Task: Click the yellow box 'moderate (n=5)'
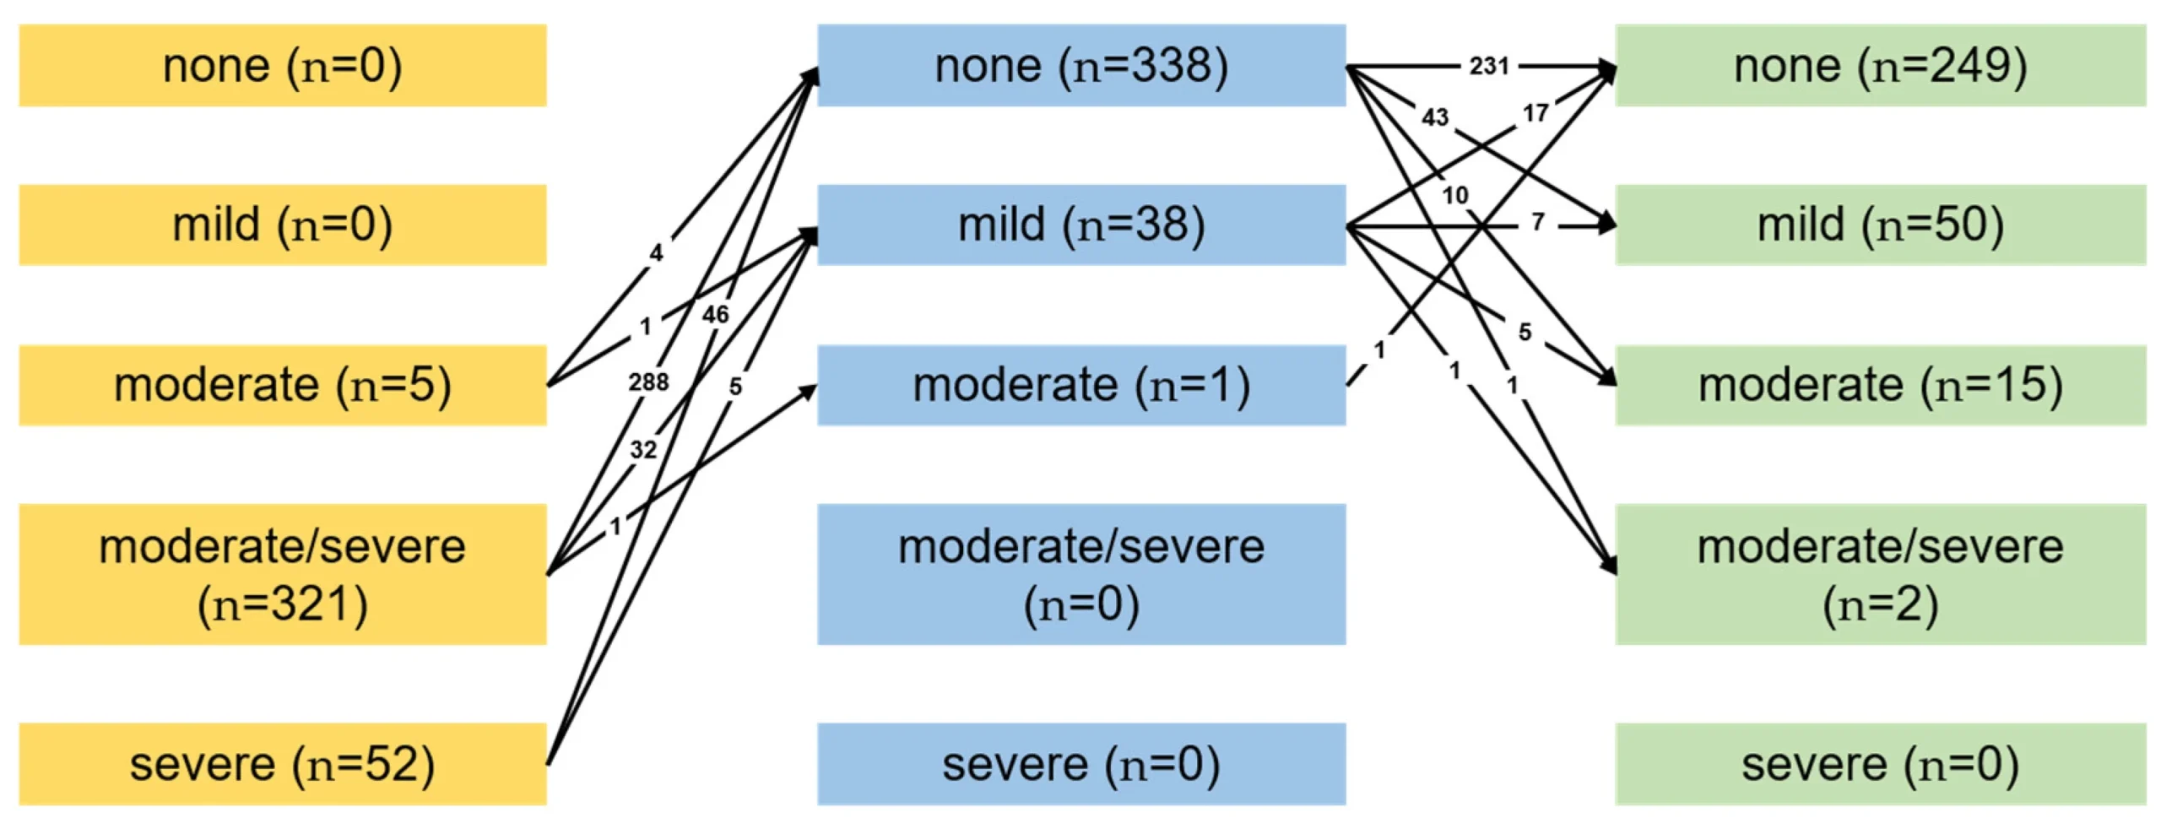[x=283, y=385]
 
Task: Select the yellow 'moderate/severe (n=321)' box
[x=283, y=574]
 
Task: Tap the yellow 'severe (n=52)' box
[x=283, y=763]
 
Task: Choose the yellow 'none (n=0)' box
[x=283, y=66]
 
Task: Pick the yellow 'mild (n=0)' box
[x=283, y=225]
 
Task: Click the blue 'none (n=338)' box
[x=1080, y=66]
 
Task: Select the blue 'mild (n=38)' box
[x=1080, y=225]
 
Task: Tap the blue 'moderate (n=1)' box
[x=1080, y=385]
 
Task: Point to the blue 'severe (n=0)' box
[x=1080, y=763]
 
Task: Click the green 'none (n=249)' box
[x=1880, y=66]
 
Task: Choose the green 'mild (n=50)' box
[x=1880, y=225]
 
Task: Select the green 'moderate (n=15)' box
[x=1880, y=385]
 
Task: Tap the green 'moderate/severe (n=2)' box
[x=1880, y=574]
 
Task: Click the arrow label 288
[x=648, y=382]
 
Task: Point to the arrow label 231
[x=1488, y=66]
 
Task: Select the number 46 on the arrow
[x=715, y=315]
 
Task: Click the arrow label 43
[x=1435, y=116]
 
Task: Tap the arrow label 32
[x=643, y=449]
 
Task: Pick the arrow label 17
[x=1535, y=112]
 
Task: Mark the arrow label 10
[x=1455, y=195]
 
